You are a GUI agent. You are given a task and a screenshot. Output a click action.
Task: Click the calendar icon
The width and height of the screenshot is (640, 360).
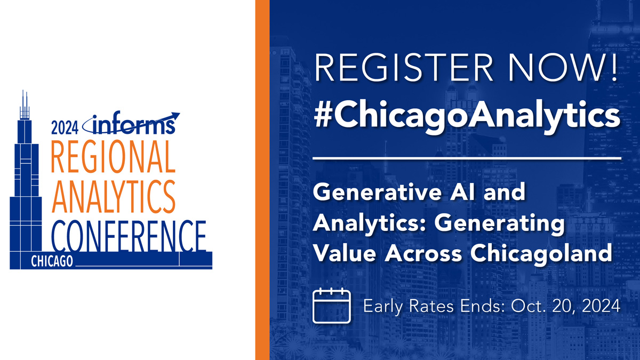pos(331,305)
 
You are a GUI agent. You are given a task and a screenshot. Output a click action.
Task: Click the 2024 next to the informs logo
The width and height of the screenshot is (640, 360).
pos(65,127)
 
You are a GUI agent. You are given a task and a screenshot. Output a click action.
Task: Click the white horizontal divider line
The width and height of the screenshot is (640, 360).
pos(467,158)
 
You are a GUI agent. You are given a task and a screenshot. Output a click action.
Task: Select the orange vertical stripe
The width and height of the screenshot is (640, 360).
pos(262,180)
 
